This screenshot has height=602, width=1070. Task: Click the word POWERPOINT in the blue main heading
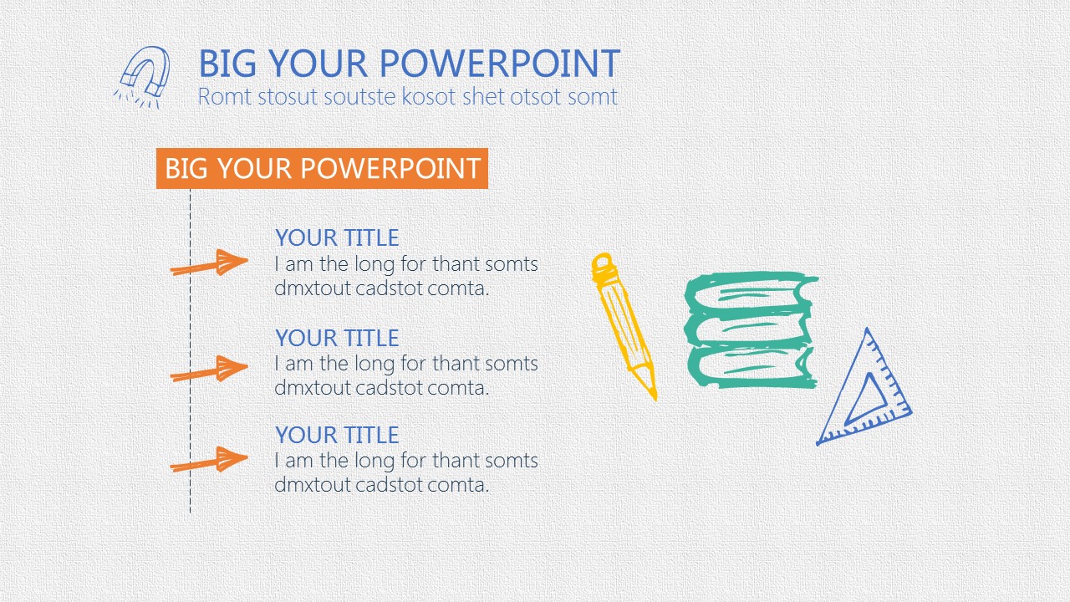pos(500,64)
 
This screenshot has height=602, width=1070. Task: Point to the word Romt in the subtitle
pos(225,97)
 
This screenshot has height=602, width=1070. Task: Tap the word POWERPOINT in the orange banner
pos(390,169)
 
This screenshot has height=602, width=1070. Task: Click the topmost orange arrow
pos(209,263)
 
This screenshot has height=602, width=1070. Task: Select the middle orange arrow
pos(209,369)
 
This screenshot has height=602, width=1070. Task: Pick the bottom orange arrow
pos(209,460)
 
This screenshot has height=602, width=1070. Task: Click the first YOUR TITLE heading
pos(337,238)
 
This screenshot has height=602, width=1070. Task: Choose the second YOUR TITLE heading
pos(337,339)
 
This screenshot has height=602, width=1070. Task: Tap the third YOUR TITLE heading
pos(337,436)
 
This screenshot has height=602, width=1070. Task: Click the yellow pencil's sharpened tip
pos(655,396)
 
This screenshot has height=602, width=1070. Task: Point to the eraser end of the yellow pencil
pos(603,264)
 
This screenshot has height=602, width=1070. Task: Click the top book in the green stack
pos(750,293)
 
